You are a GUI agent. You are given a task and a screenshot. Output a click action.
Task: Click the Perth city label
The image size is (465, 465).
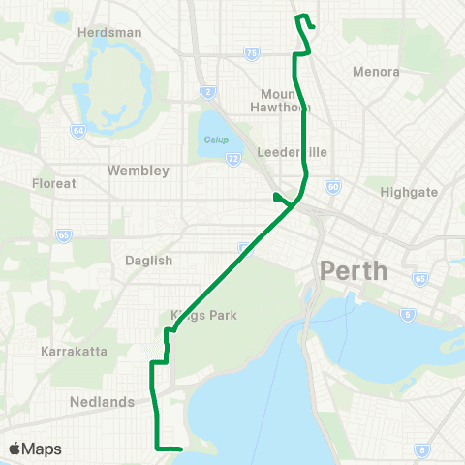(354, 270)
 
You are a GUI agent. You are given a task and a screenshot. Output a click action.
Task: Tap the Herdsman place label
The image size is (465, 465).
(109, 32)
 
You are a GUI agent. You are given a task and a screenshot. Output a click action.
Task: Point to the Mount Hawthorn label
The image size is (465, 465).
(284, 101)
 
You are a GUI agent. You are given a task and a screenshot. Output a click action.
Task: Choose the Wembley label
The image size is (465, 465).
(139, 170)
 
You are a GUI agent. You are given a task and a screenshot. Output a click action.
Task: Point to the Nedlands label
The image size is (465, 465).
(102, 401)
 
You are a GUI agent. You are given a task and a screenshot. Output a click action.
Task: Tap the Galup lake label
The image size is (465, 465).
(215, 139)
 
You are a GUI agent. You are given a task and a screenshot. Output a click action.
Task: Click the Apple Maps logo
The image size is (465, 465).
(35, 449)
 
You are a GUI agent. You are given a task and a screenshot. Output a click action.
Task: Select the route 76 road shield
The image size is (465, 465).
(251, 54)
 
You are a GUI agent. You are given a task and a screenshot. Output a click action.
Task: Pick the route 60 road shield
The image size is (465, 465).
(332, 186)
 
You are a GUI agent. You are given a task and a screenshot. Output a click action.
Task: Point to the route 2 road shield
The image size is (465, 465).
(207, 92)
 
